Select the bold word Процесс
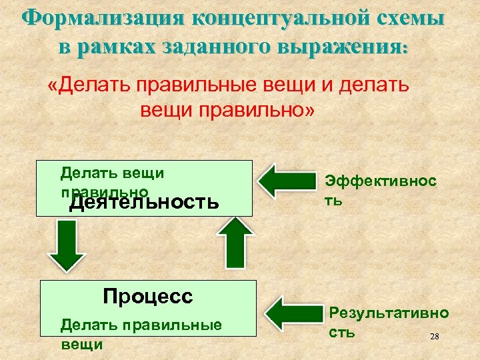tap(148, 296)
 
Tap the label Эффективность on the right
tap(381, 189)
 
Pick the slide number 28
tap(435, 337)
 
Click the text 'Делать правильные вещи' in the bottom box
tap(141, 334)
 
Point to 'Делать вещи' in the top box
tap(112, 173)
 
